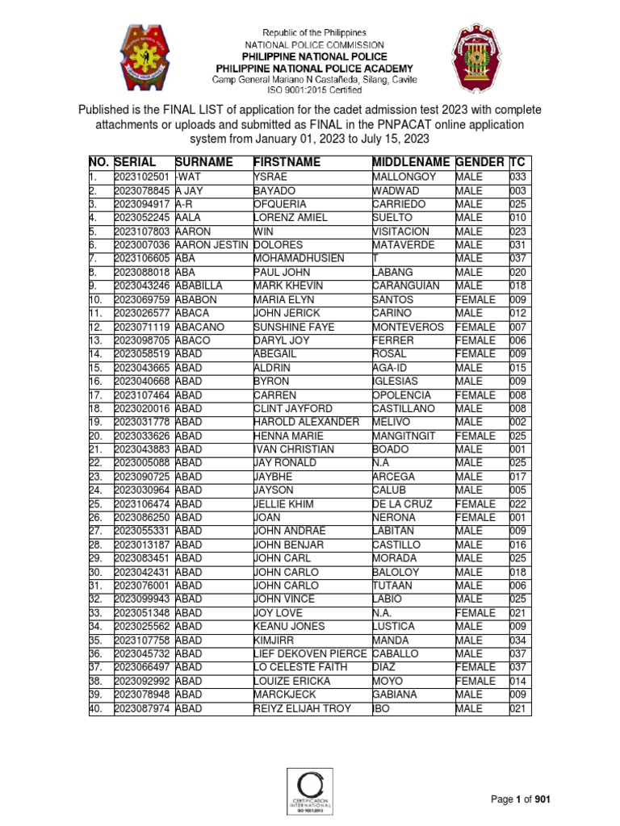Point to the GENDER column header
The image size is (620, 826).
pyautogui.click(x=480, y=162)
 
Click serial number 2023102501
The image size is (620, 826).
pyautogui.click(x=141, y=177)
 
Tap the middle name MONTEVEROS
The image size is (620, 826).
pyautogui.click(x=409, y=327)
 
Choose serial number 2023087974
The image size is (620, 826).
pyautogui.click(x=141, y=708)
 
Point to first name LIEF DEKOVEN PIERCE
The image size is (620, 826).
pyautogui.click(x=310, y=653)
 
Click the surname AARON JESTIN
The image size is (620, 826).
pyautogui.click(x=212, y=244)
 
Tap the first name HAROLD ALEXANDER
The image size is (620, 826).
pyautogui.click(x=306, y=422)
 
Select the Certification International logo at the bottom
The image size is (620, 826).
pyautogui.click(x=311, y=790)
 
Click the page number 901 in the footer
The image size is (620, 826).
pyautogui.click(x=542, y=799)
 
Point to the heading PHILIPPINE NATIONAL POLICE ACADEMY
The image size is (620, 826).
pyautogui.click(x=310, y=69)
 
